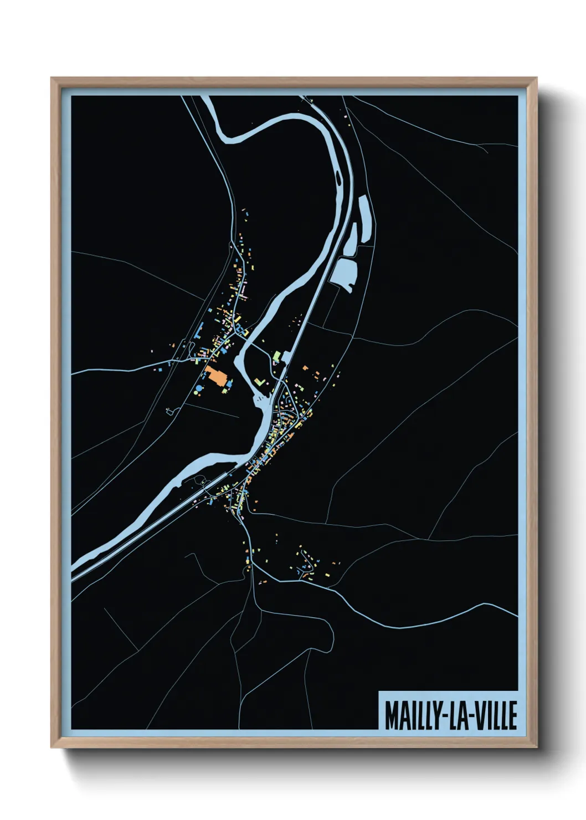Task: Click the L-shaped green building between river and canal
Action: (259, 382)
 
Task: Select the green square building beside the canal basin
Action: (277, 355)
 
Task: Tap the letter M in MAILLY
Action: (391, 716)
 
